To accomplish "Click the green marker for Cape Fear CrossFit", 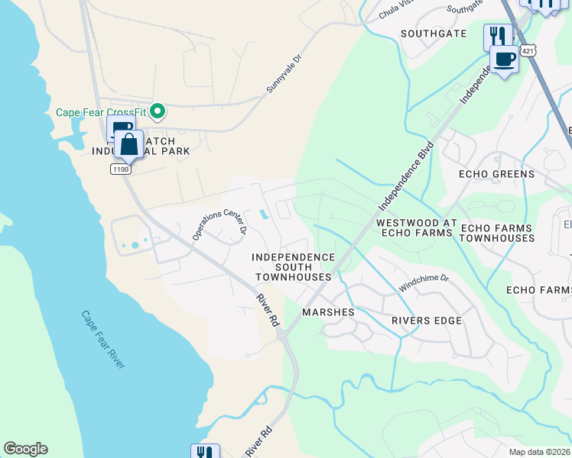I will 158,112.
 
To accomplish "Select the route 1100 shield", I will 119,169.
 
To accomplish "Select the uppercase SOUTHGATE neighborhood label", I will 434,34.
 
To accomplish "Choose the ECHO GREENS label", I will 496,174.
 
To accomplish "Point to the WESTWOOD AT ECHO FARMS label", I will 416,228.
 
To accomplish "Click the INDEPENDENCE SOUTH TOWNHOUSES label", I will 294,267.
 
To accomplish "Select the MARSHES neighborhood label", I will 328,312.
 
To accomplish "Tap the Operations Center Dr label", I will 220,224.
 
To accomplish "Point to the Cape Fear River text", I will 102,340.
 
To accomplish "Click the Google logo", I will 25,449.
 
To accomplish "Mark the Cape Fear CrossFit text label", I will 101,112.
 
